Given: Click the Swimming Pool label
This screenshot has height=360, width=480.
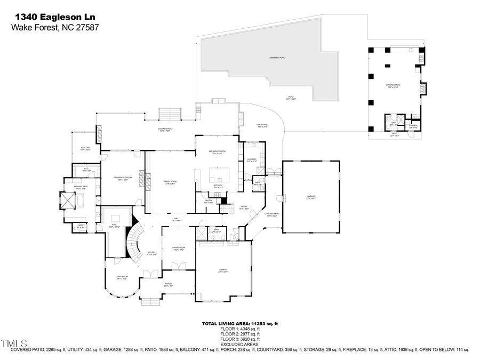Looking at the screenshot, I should [x=277, y=57].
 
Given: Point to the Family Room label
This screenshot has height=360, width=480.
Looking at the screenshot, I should [x=170, y=182].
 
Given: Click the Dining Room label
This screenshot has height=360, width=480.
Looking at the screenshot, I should [x=178, y=249].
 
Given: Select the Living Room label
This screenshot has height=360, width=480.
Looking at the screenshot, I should [x=122, y=277].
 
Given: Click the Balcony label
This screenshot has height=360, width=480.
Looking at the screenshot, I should [x=85, y=149].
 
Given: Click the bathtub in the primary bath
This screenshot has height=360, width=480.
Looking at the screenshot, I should [x=80, y=201].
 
